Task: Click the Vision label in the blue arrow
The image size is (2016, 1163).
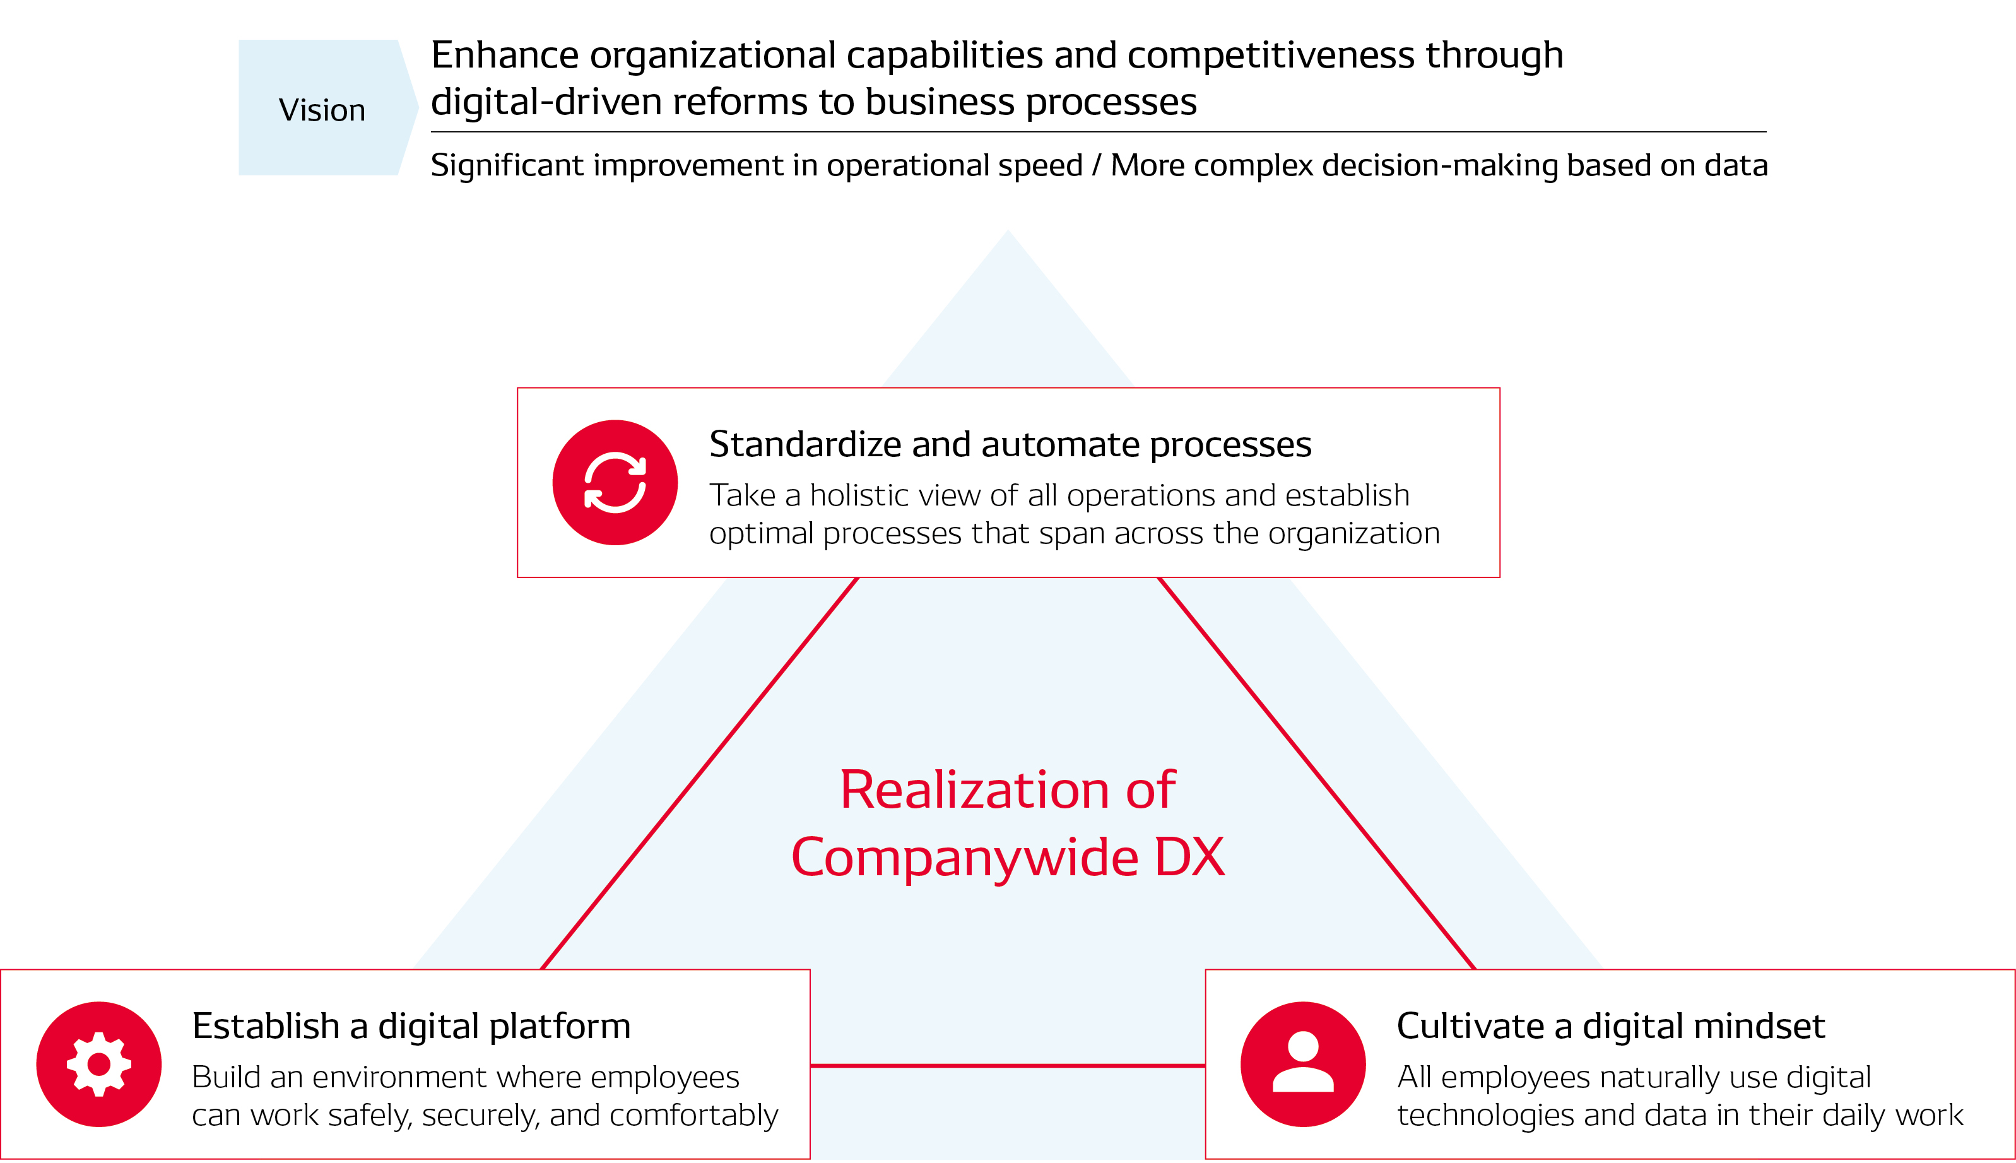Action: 322,110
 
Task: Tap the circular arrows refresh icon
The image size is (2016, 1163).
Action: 615,483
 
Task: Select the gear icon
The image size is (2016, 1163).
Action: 99,1064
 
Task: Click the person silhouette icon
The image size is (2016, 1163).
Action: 1303,1064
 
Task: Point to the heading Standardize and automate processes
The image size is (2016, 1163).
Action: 1010,444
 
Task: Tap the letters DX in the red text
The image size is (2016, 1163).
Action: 1189,858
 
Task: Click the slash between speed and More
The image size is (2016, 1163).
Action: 1097,165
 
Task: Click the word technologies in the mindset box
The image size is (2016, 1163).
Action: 1485,1115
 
